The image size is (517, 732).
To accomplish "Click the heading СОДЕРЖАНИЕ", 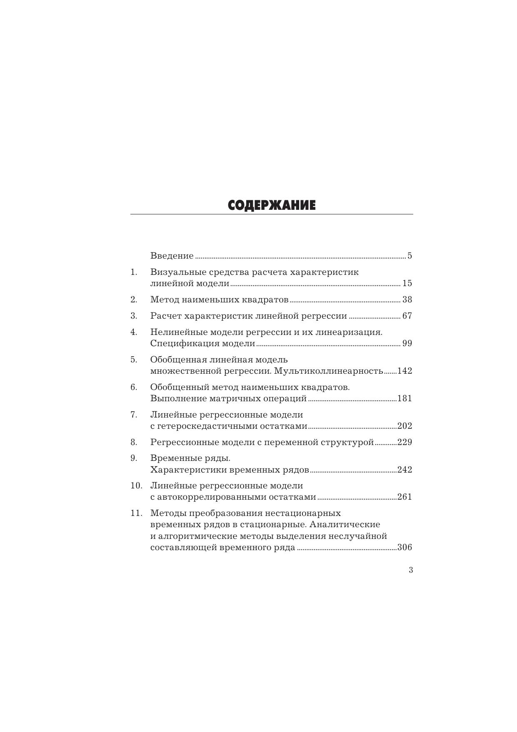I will [x=272, y=205].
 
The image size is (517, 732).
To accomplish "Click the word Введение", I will [x=172, y=256].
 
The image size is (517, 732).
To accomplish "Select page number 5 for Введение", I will [x=410, y=256].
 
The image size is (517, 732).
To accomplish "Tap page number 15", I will [x=407, y=283].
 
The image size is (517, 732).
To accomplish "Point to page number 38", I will [x=407, y=299].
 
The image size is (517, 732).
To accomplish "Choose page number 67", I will [x=407, y=316].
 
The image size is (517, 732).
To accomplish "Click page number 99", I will [x=407, y=343].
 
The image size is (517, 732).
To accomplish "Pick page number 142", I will [x=405, y=371].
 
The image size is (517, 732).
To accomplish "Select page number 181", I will [x=405, y=398].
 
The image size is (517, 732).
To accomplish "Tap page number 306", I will [x=405, y=547].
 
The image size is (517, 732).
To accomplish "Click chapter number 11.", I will [x=136, y=513].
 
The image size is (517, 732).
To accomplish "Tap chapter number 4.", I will [x=134, y=332].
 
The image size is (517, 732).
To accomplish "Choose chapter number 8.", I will [x=134, y=442].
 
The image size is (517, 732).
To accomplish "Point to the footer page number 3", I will [x=411, y=570].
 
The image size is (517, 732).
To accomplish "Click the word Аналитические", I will [x=345, y=524].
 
